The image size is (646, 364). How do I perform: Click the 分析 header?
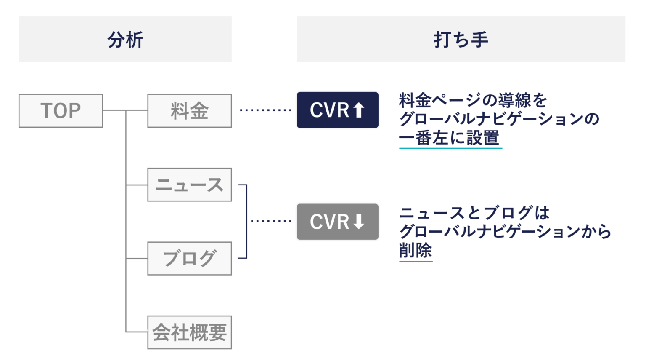pyautogui.click(x=125, y=40)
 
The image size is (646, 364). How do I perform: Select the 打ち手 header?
pyautogui.click(x=461, y=40)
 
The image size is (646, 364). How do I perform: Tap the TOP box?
pyautogui.click(x=61, y=111)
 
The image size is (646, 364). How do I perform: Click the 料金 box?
pyautogui.click(x=189, y=111)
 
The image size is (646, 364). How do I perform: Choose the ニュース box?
pyautogui.click(x=189, y=185)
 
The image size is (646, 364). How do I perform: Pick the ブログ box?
pyautogui.click(x=189, y=259)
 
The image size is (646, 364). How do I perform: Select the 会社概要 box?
pyautogui.click(x=189, y=332)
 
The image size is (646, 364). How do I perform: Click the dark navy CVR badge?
pyautogui.click(x=337, y=110)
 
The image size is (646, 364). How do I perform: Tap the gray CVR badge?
pyautogui.click(x=337, y=222)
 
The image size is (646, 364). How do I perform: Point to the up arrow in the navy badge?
pyautogui.click(x=358, y=110)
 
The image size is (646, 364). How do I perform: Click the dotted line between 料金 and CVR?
pyautogui.click(x=265, y=110)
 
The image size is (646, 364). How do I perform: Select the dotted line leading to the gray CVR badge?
pyautogui.click(x=271, y=221)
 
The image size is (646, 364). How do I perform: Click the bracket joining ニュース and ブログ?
pyautogui.click(x=246, y=221)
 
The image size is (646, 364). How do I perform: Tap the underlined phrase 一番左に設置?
pyautogui.click(x=449, y=138)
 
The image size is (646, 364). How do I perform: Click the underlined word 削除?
pyautogui.click(x=415, y=251)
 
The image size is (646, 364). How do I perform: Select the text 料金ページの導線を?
pyautogui.click(x=473, y=100)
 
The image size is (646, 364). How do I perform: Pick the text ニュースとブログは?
pyautogui.click(x=474, y=213)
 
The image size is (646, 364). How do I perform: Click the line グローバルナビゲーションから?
pyautogui.click(x=505, y=231)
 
